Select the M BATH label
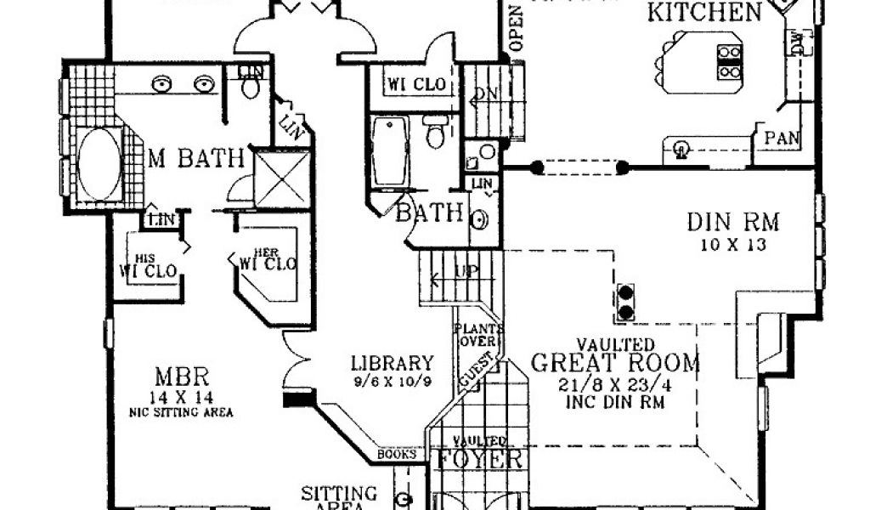click(196, 158)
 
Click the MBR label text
click(182, 376)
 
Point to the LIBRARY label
click(393, 363)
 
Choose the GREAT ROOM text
click(616, 364)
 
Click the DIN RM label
click(732, 224)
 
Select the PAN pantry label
click(781, 139)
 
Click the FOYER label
click(479, 460)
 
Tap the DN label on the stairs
click(486, 95)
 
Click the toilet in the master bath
click(251, 85)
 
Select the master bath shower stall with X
click(282, 178)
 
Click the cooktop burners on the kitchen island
click(729, 62)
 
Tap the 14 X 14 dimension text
click(182, 397)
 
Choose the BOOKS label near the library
click(398, 455)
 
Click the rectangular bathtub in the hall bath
click(391, 153)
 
